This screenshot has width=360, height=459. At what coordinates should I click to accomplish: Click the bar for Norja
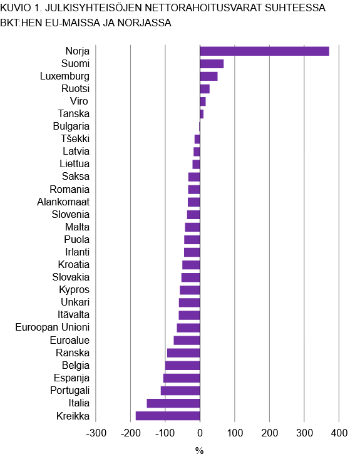[264, 51]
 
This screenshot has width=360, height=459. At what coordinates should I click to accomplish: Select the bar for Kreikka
[168, 416]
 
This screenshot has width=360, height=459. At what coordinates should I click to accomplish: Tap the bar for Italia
[173, 403]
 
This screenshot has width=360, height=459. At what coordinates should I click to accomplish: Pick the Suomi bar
[212, 64]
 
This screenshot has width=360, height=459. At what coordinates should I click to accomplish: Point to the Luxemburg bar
[208, 76]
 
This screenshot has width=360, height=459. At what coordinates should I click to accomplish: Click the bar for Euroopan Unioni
[188, 327]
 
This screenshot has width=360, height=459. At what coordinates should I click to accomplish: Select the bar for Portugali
[180, 391]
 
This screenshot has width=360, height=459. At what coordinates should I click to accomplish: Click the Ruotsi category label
[75, 89]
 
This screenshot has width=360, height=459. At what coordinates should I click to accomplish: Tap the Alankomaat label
[63, 202]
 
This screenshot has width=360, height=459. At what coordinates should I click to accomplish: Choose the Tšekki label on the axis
[75, 138]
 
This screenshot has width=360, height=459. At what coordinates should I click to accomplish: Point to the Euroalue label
[69, 340]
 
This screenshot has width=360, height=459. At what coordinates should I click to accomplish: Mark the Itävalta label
[72, 314]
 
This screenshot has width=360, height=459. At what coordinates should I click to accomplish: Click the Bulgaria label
[71, 126]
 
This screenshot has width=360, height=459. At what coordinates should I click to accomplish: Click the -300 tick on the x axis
[95, 433]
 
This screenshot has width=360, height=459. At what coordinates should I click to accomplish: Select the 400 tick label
[339, 433]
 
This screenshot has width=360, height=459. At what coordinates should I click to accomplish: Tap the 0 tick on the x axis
[200, 433]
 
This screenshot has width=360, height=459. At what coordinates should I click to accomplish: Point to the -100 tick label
[165, 433]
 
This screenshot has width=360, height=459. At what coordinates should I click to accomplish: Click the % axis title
[200, 450]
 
